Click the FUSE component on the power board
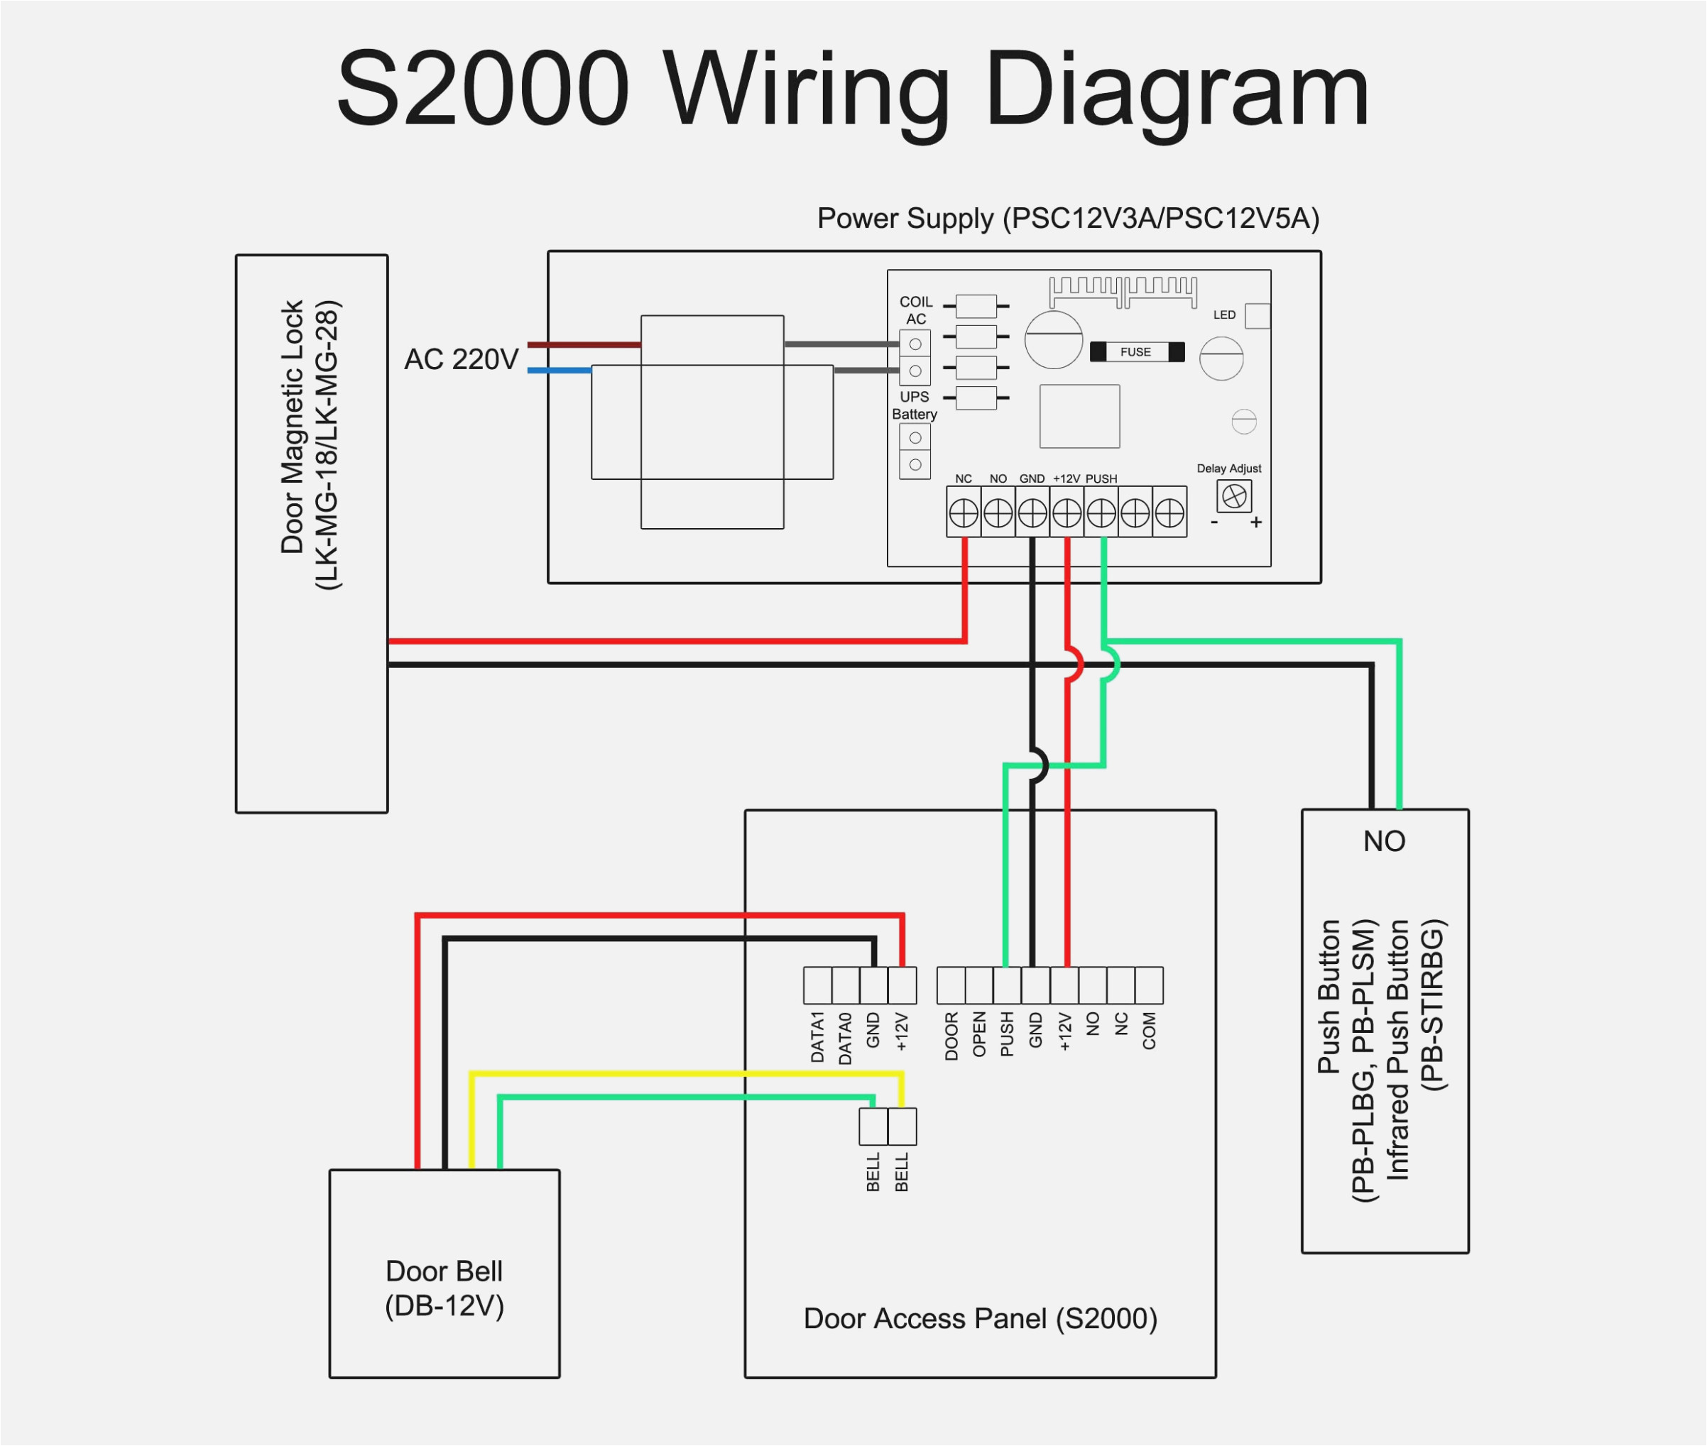(1136, 351)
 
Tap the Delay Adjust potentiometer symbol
(1233, 496)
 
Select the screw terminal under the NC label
(964, 513)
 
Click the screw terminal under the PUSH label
(1101, 513)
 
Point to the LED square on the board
(1257, 316)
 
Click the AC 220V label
(461, 359)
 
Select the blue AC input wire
(559, 371)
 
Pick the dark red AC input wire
(584, 345)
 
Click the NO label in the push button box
(1384, 841)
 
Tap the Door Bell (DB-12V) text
(445, 1288)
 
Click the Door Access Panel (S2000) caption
(980, 1319)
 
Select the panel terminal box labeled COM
(1149, 985)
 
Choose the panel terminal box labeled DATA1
(817, 985)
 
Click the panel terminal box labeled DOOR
(951, 985)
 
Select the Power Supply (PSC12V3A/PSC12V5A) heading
(1067, 219)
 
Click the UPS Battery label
(914, 405)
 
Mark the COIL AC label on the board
(916, 310)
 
